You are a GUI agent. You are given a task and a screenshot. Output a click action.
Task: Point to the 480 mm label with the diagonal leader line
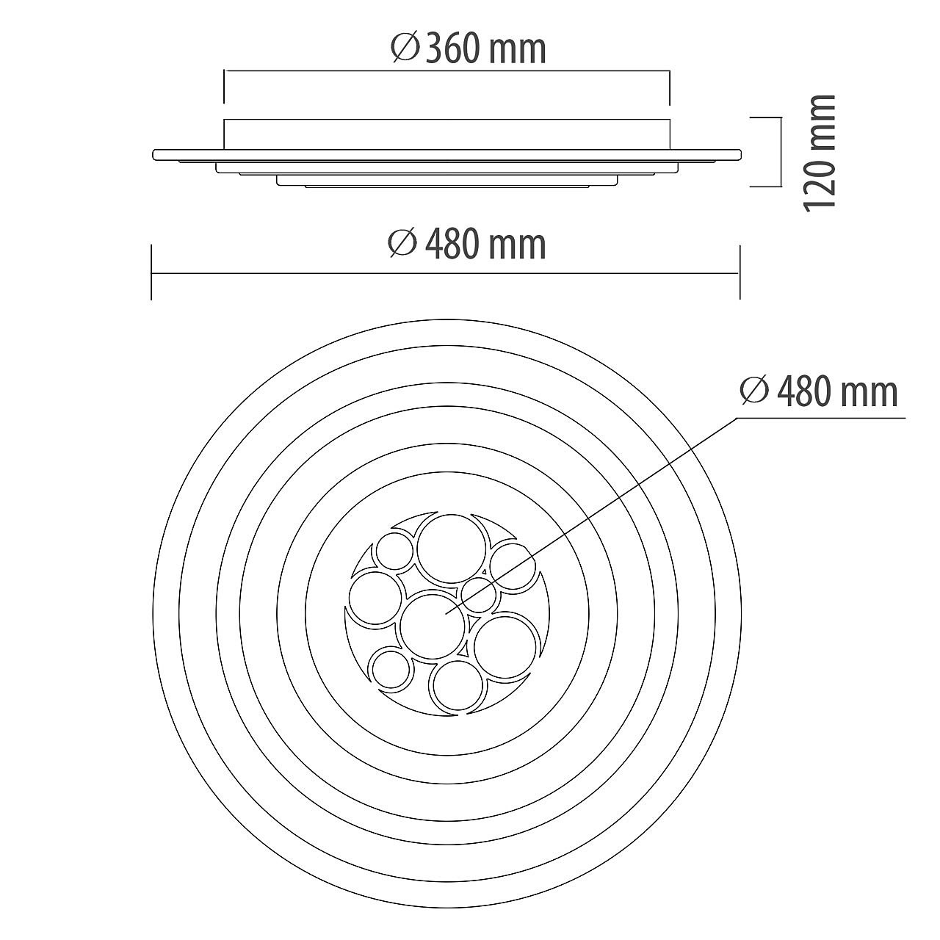820,392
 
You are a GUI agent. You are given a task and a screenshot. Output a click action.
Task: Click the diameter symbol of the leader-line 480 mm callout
755,392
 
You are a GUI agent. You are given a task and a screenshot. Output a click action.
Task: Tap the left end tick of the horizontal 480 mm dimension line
152,272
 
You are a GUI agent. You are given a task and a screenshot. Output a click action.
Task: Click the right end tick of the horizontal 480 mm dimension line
740,272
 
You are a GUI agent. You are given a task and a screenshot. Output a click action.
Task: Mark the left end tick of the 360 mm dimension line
224,87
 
